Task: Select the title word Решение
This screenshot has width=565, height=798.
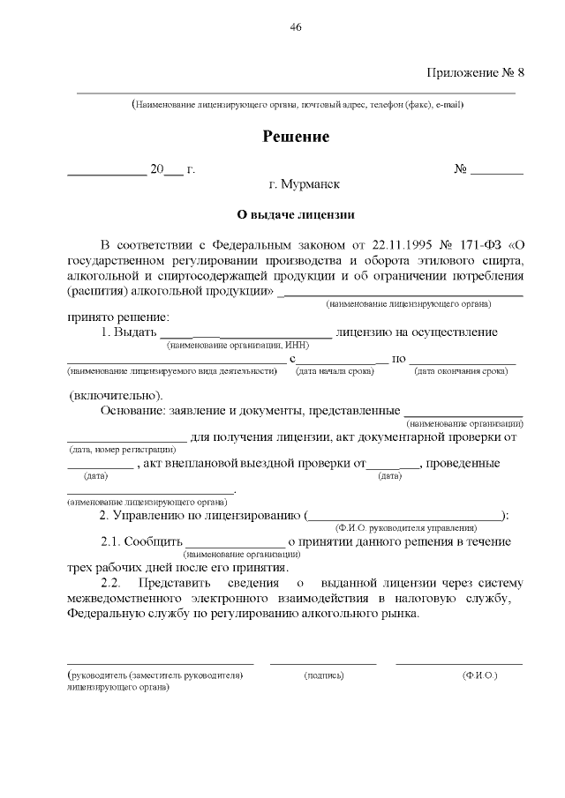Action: pos(296,137)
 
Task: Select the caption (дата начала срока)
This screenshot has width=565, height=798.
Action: pos(335,371)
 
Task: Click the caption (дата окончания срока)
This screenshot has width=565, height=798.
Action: pos(461,371)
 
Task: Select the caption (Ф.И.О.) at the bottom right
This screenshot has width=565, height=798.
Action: pos(479,675)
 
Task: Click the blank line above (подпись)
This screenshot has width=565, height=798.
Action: pos(323,662)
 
